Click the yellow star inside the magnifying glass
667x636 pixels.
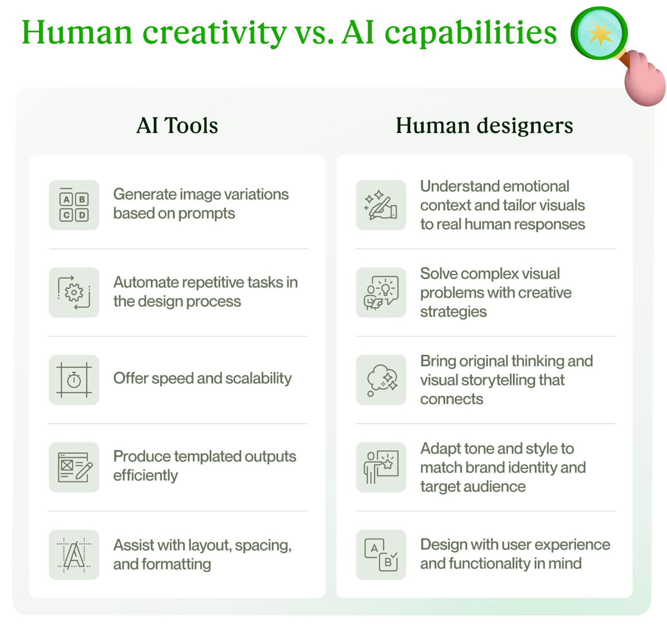(600, 33)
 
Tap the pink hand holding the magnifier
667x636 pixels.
(645, 80)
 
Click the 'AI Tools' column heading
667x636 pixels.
(177, 126)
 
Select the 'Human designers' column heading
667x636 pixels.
(484, 126)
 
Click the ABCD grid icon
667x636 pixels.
(74, 206)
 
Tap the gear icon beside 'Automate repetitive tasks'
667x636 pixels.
(74, 292)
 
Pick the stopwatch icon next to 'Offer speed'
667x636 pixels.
(74, 380)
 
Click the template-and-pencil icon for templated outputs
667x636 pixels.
(74, 467)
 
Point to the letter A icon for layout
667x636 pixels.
(74, 555)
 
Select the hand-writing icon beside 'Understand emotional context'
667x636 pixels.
(381, 206)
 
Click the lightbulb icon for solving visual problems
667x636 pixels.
(381, 292)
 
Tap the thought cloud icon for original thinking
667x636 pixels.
(381, 380)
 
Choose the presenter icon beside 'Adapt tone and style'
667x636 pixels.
(381, 467)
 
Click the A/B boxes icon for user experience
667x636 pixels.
(381, 555)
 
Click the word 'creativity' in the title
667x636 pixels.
(214, 33)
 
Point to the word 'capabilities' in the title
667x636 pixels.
(471, 33)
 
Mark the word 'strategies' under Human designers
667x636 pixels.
(453, 312)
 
